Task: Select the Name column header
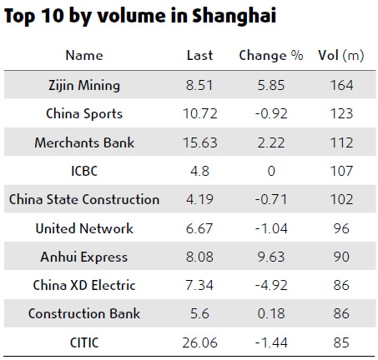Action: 84,56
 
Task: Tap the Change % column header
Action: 270,56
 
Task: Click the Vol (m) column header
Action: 341,56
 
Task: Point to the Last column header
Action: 200,56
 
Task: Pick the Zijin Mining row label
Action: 84,85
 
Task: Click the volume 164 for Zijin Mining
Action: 341,85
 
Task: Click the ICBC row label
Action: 84,171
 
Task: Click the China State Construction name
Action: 84,199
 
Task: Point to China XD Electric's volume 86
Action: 341,285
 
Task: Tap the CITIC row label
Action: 84,342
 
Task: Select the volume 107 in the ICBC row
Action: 341,171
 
